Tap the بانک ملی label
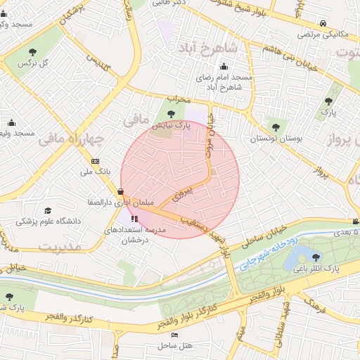pos(96,171)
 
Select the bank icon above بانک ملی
pos(96,160)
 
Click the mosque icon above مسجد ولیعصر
pos(10,122)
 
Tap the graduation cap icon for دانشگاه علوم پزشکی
pos(48,210)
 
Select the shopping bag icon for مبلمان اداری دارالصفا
pos(121,191)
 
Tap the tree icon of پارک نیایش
pos(171,113)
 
